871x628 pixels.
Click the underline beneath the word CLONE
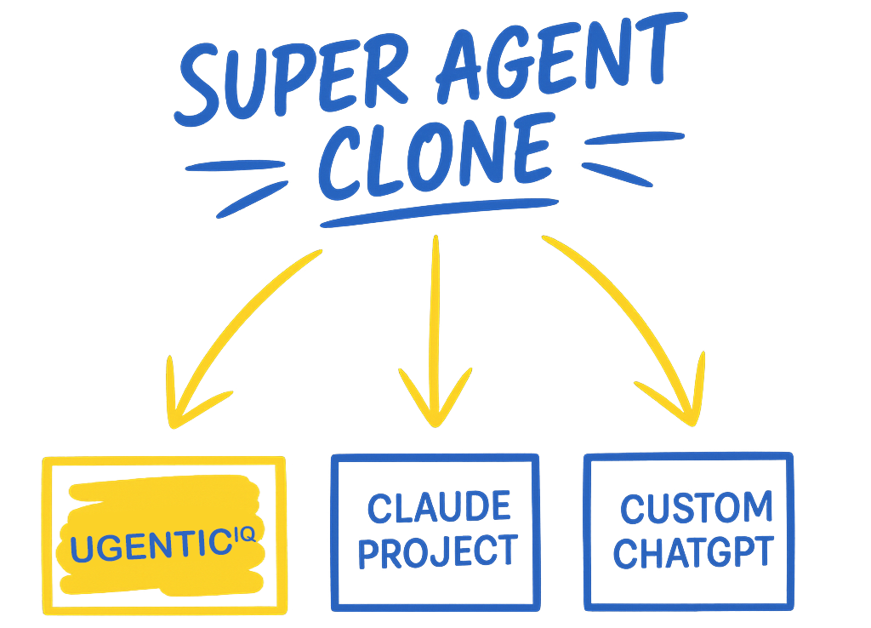(437, 212)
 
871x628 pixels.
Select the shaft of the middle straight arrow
(435, 306)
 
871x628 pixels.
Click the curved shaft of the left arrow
(247, 305)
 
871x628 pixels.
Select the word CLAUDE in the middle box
(439, 508)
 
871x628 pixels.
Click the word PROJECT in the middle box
(437, 551)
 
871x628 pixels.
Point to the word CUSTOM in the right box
(696, 508)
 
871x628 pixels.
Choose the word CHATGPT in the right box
(692, 551)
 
